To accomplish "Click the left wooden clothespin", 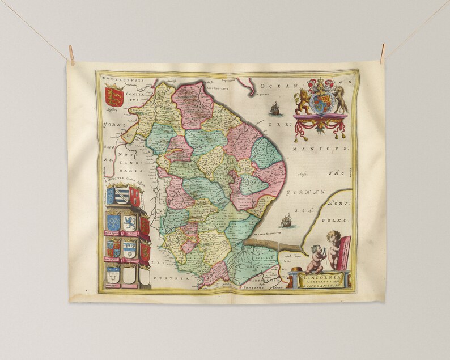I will [71, 54].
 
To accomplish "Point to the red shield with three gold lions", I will [114, 95].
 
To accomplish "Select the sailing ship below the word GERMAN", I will [287, 220].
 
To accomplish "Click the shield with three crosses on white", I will [113, 276].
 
